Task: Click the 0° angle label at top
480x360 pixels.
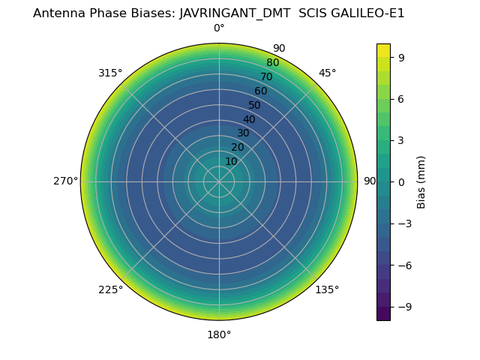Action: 219,28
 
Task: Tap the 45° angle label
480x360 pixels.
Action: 328,73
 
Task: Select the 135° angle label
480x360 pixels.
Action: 327,289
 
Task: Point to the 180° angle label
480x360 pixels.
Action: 219,334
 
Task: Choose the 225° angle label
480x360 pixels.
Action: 110,289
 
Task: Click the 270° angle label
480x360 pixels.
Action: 65,181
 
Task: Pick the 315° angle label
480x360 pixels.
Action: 110,73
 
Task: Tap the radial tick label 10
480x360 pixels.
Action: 231,161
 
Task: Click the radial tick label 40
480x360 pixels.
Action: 249,119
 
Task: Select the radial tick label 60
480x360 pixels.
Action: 261,91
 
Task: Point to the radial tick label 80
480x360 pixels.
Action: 273,63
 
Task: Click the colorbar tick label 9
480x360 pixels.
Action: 401,57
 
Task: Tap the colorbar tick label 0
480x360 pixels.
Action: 401,181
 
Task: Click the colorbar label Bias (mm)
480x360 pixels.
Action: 421,181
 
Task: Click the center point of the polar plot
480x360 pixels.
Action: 219,181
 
